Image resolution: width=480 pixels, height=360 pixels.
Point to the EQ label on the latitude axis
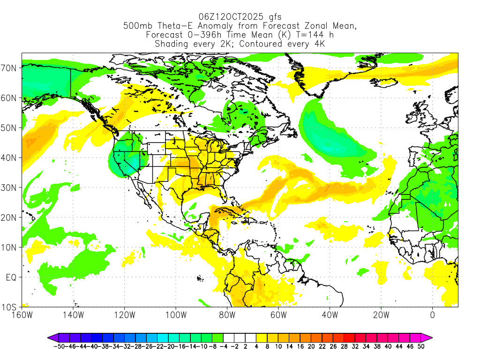[x=11, y=277]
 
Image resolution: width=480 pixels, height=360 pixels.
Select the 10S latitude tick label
[x=10, y=307]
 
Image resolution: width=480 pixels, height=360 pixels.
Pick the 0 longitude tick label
[x=432, y=315]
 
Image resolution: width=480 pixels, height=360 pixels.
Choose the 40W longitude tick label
[x=330, y=315]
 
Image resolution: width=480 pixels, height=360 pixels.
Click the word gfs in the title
[x=272, y=17]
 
